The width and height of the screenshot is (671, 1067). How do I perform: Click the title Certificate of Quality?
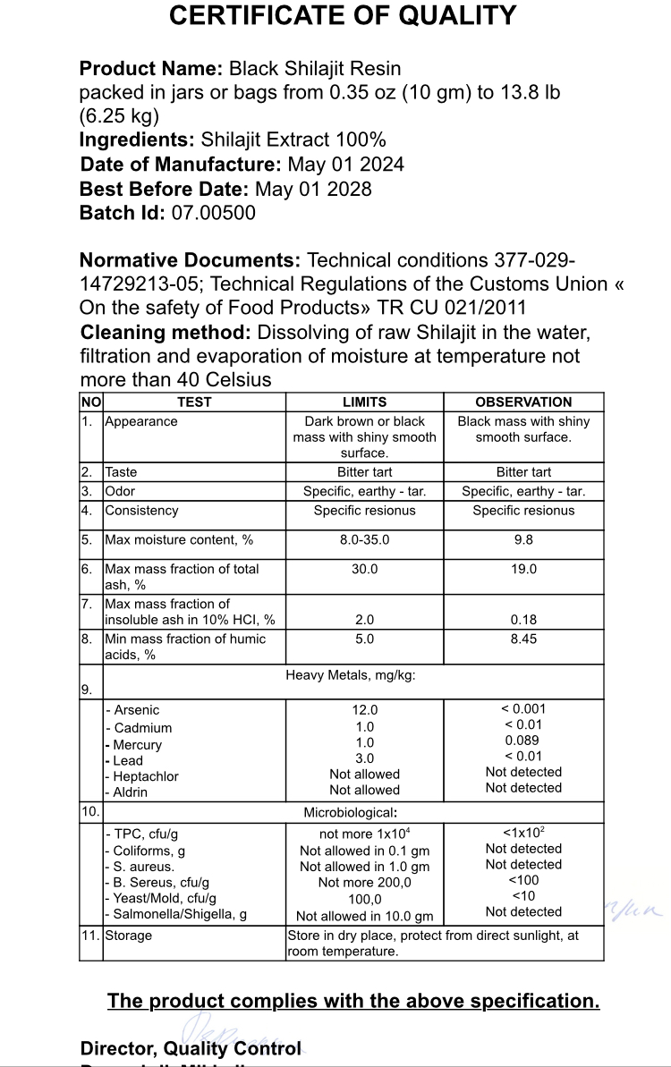point(343,16)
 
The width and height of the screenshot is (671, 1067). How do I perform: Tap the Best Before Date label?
point(164,189)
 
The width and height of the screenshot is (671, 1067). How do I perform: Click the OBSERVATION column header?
point(523,402)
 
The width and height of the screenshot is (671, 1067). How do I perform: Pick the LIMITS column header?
point(364,402)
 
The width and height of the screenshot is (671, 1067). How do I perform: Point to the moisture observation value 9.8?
point(523,540)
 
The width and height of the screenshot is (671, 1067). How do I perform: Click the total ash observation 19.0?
point(523,569)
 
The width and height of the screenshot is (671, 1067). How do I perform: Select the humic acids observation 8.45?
point(523,639)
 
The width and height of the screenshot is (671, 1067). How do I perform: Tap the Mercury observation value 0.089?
point(523,741)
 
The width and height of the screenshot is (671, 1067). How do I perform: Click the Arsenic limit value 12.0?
point(364,710)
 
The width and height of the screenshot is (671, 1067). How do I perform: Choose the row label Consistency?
point(141,511)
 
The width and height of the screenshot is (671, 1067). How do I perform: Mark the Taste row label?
point(121,472)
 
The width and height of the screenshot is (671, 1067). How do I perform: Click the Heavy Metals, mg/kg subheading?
point(350,675)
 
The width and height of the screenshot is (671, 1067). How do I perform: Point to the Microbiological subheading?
point(350,813)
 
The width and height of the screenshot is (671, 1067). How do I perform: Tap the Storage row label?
point(128,936)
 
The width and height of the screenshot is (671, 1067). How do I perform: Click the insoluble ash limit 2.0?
point(364,620)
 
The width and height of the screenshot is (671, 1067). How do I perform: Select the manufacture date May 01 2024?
point(345,165)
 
